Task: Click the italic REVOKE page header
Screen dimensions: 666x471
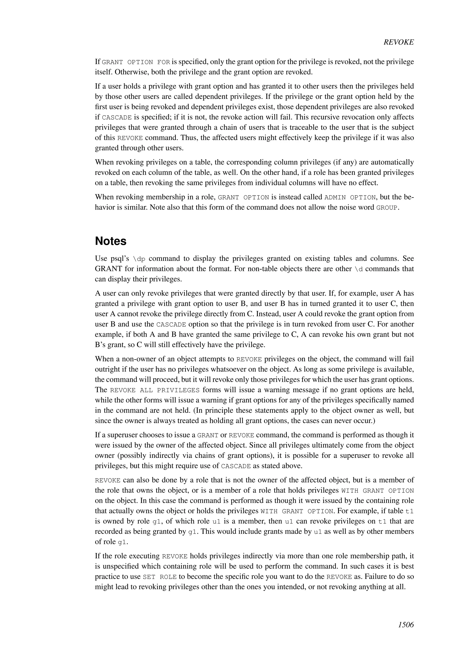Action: pyautogui.click(x=399, y=42)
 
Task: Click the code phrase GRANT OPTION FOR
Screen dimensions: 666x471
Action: pyautogui.click(x=136, y=62)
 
